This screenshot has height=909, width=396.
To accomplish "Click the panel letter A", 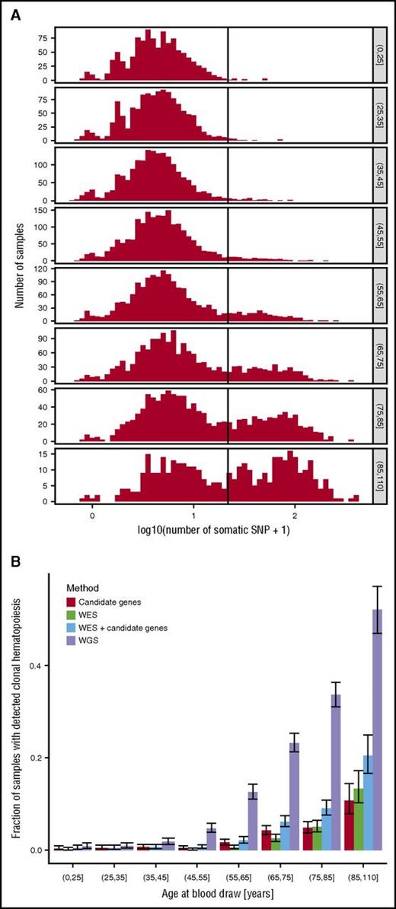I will [16, 14].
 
